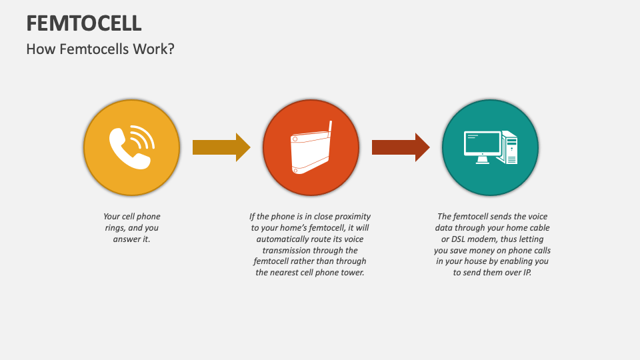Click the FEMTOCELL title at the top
click(84, 23)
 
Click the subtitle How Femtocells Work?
click(100, 49)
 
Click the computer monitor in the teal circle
click(482, 145)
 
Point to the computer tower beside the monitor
click(510, 147)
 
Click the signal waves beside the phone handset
click(142, 137)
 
